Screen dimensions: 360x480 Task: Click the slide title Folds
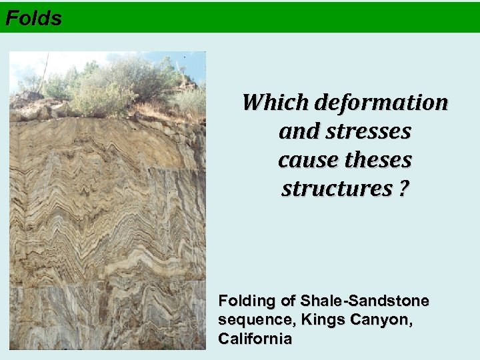pyautogui.click(x=33, y=18)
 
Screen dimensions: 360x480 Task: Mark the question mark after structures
pyautogui.click(x=405, y=189)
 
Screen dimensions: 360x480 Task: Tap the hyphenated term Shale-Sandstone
pyautogui.click(x=365, y=301)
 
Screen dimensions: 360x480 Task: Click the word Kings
pyautogui.click(x=322, y=320)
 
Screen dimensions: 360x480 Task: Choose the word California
pyautogui.click(x=255, y=339)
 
